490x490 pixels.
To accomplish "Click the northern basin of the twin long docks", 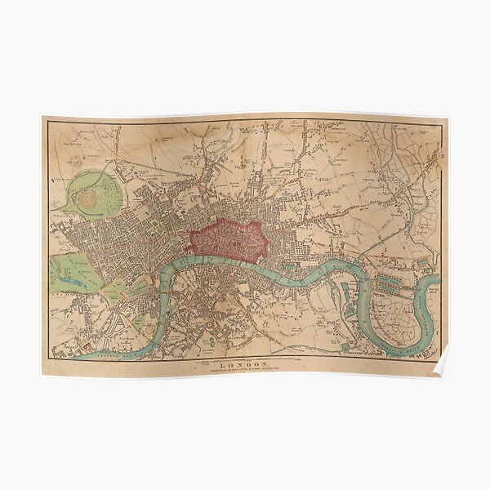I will tap(392, 282).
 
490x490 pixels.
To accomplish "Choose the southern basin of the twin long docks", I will tap(393, 290).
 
